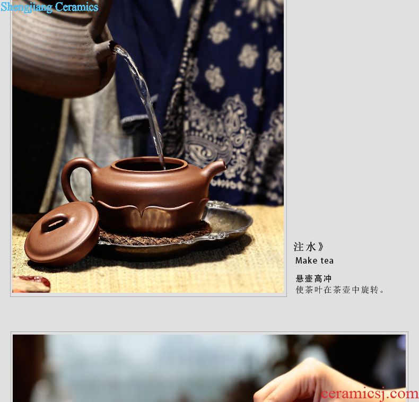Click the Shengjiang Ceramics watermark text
pos(49,7)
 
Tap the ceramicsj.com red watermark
pos(370,394)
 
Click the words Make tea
pos(315,260)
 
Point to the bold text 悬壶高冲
pos(313,278)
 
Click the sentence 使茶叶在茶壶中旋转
pos(340,290)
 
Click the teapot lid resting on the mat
pos(62,232)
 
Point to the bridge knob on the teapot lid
pos(55,222)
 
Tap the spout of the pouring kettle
pos(107,48)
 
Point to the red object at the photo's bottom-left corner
pos(31,284)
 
